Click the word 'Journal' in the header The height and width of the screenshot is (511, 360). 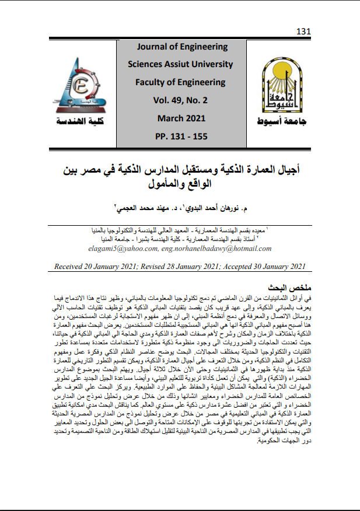coord(153,47)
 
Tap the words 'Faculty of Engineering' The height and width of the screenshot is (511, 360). coord(180,82)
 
